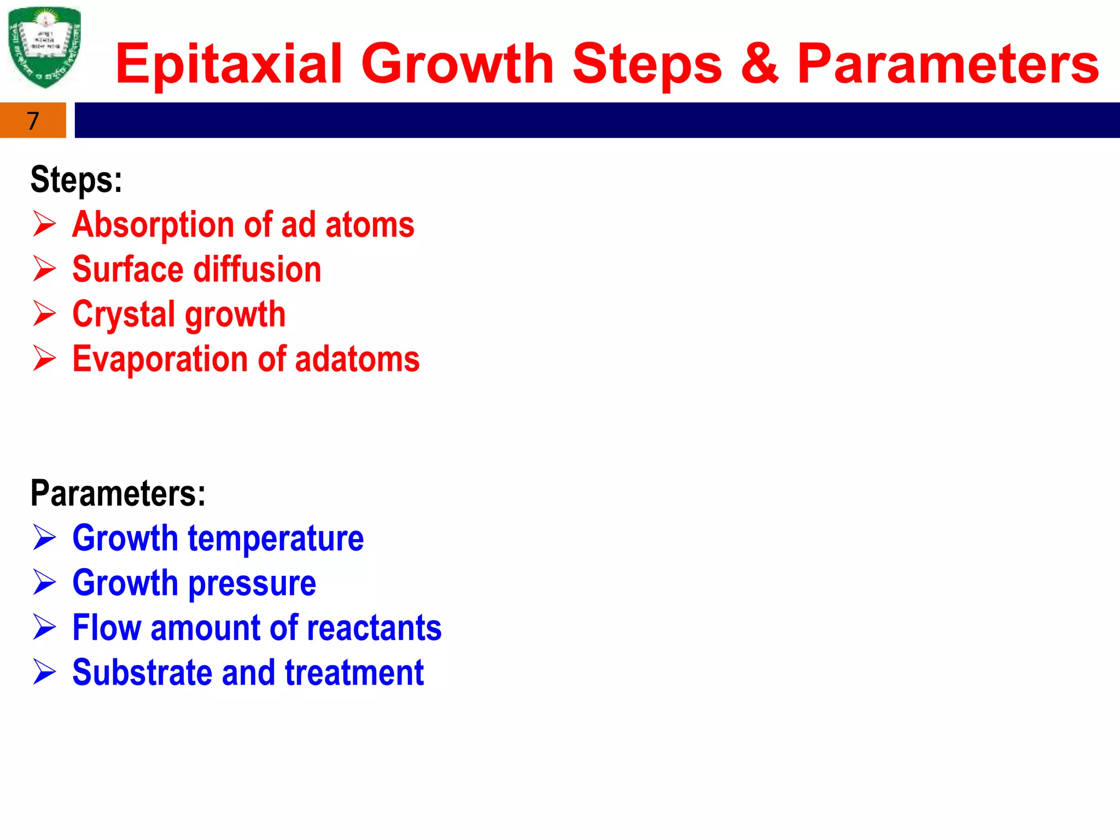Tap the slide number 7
coord(33,121)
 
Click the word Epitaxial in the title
coord(229,65)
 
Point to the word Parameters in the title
coord(948,65)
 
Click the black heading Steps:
coord(76,180)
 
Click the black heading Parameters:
coord(118,493)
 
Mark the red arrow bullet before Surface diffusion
coord(44,269)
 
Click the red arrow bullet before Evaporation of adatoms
coord(44,358)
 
